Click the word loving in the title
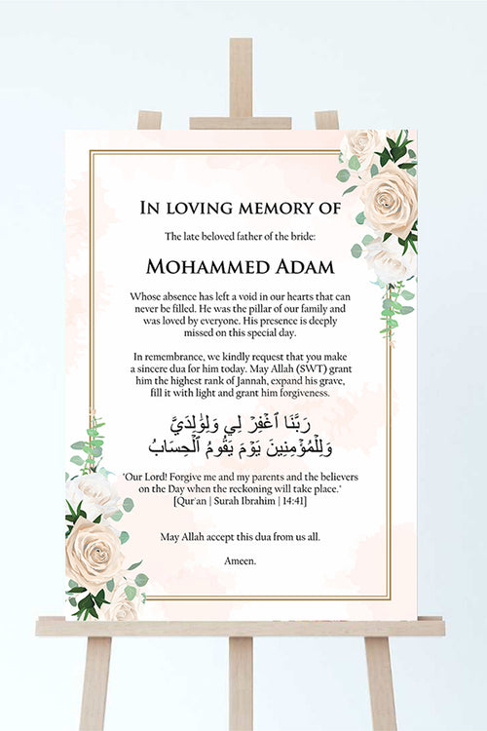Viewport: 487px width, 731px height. [200, 207]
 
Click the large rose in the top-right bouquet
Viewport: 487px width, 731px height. [387, 198]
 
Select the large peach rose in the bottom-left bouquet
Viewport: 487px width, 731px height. [94, 551]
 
